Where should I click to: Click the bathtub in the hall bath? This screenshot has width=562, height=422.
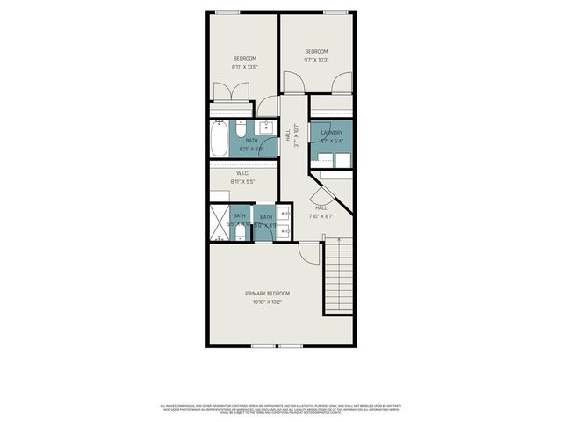pyautogui.click(x=219, y=139)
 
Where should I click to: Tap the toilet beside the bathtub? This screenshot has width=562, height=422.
pyautogui.click(x=239, y=126)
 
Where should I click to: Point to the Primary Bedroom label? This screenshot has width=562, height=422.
pyautogui.click(x=267, y=294)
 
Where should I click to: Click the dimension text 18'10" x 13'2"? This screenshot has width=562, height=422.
pyautogui.click(x=267, y=303)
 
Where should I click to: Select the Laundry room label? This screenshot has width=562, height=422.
pyautogui.click(x=331, y=133)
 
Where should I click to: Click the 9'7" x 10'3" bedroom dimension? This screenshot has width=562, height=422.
pyautogui.click(x=316, y=61)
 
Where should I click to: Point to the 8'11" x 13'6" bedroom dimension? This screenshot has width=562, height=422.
pyautogui.click(x=244, y=67)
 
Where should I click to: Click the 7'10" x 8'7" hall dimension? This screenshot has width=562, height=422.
pyautogui.click(x=321, y=216)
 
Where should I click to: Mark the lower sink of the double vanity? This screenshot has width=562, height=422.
pyautogui.click(x=285, y=230)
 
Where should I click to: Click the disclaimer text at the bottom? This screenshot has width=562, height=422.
pyautogui.click(x=280, y=410)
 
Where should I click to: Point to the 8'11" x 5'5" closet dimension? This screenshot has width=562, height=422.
pyautogui.click(x=242, y=182)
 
